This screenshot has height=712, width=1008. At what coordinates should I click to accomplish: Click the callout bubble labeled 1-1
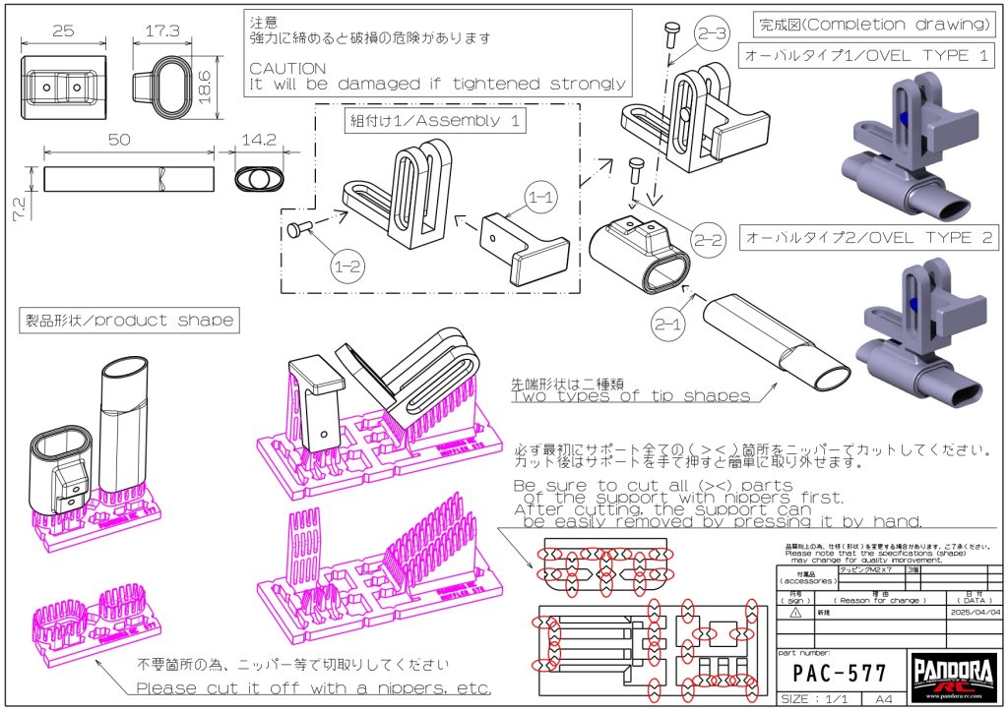(541, 198)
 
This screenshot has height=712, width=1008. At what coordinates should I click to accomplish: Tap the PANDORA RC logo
(953, 677)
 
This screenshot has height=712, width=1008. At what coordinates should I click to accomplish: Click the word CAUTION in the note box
(287, 69)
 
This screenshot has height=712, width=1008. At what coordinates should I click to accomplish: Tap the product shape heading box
(129, 321)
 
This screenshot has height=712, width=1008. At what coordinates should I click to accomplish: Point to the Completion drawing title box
(871, 24)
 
